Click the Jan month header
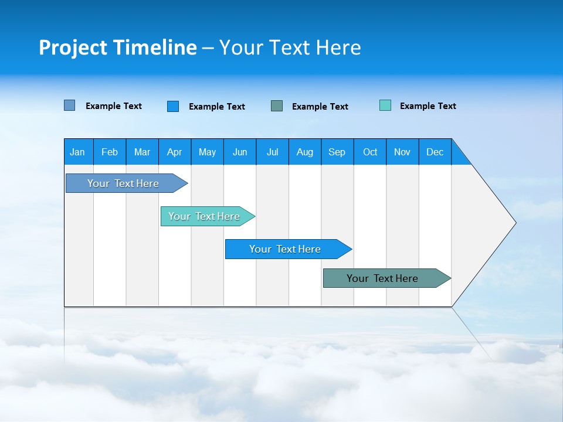77,152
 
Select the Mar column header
142,152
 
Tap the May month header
207,152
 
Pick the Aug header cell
304,152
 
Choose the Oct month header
370,152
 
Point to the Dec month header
435,152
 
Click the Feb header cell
110,152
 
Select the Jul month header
272,152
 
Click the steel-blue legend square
69,105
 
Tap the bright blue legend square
172,106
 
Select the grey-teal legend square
277,106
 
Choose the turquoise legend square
385,105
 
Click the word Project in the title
73,47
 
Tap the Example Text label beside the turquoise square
428,106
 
